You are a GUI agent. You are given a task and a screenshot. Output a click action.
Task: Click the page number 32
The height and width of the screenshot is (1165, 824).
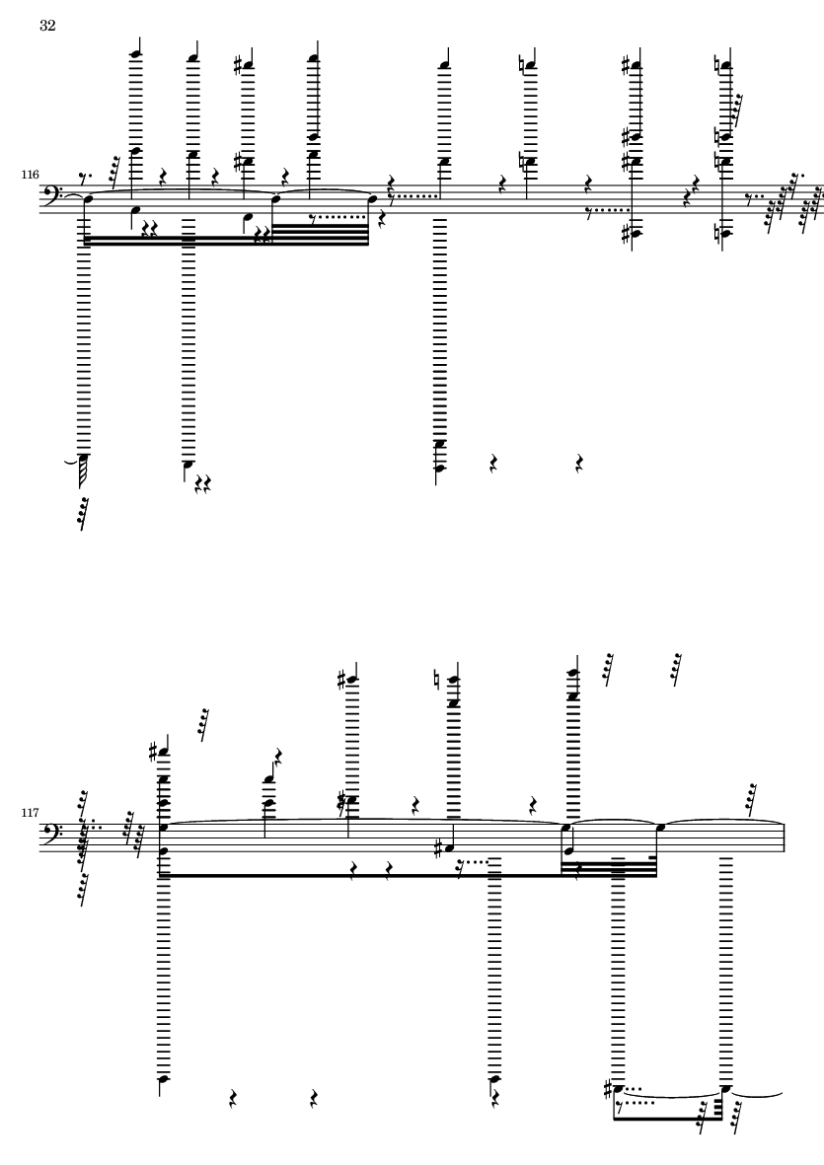click(x=47, y=26)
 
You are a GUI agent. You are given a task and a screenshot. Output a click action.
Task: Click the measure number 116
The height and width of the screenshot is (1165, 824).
click(x=31, y=176)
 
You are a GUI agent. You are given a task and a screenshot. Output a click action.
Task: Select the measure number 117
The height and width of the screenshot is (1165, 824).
click(x=31, y=814)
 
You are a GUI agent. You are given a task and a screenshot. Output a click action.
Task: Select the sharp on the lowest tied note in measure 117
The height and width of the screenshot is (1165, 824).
click(x=609, y=1090)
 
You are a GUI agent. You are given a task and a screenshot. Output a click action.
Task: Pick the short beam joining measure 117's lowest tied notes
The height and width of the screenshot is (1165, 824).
click(x=669, y=1118)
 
